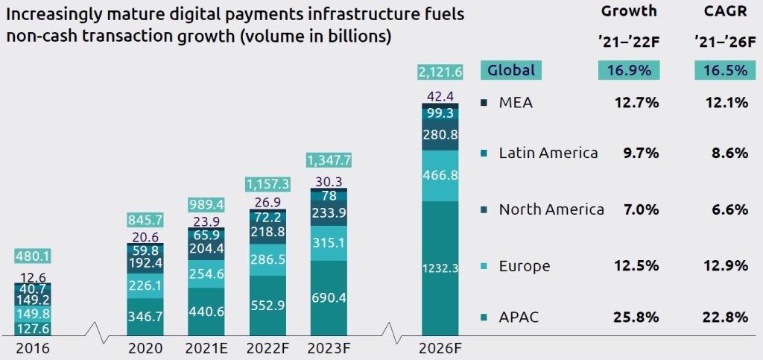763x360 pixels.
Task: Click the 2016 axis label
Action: [34, 348]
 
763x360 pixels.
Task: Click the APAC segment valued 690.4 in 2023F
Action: [329, 297]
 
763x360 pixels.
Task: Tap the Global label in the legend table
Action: [512, 71]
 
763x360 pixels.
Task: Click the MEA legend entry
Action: [516, 103]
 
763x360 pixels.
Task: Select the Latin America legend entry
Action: [548, 153]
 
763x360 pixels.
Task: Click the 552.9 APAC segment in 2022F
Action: [269, 306]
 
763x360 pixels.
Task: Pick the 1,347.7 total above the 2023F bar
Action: [329, 160]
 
